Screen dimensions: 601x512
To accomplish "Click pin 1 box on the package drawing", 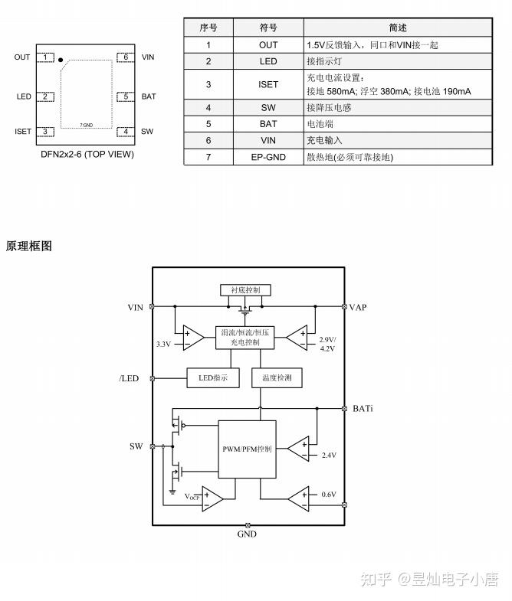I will (x=47, y=57).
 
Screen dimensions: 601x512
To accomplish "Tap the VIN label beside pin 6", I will (x=148, y=57).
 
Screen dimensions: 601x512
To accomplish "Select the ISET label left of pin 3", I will (x=23, y=132).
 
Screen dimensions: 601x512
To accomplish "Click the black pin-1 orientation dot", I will (x=61, y=59).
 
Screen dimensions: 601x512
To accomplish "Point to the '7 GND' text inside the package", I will (x=87, y=124).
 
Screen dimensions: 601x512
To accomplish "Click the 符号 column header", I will (x=268, y=28).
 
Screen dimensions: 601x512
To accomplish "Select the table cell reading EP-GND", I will (x=268, y=157).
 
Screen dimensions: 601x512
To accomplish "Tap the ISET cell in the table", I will (x=268, y=84).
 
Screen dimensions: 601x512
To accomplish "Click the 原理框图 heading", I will (x=29, y=246).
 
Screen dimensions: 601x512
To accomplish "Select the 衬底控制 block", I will (x=245, y=290).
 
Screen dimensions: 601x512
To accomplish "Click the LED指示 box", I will (x=213, y=377).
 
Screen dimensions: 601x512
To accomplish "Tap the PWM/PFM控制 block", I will (x=247, y=449).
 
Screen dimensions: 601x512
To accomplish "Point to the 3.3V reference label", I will (x=163, y=345).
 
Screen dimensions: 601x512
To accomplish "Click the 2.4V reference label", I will (x=329, y=455).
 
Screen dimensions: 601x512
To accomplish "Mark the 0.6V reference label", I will (x=329, y=495).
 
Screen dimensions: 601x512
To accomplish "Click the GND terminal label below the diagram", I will (x=247, y=534).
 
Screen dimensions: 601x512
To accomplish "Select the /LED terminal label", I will (x=129, y=378).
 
